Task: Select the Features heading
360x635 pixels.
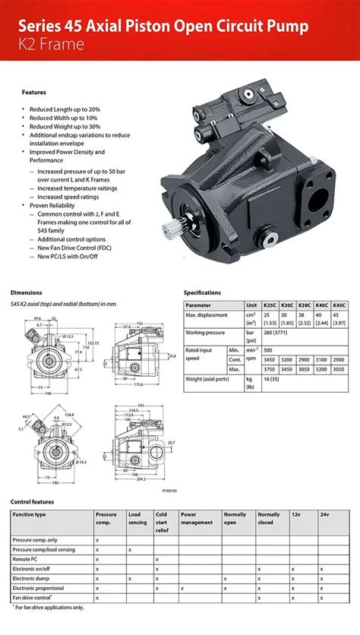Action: [x=33, y=92]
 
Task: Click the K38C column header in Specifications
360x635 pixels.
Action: [x=305, y=305]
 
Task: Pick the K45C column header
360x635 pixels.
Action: [x=339, y=305]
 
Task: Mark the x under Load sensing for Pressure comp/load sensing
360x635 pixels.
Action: [x=130, y=548]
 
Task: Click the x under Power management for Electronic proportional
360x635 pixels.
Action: [x=182, y=588]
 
